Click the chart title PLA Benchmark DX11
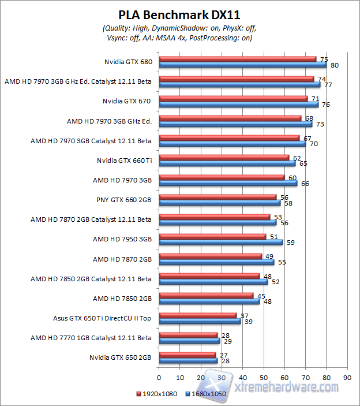[179, 14]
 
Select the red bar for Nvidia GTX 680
[238, 58]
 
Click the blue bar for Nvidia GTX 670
[239, 105]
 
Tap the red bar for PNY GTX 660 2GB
[218, 197]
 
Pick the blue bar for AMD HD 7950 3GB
[221, 242]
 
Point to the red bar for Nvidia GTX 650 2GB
[187, 355]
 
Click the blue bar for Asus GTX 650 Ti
[200, 321]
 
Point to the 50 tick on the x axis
[264, 376]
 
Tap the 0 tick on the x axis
[159, 376]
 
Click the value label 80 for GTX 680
[334, 65]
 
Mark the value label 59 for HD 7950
[290, 243]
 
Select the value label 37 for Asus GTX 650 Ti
[245, 315]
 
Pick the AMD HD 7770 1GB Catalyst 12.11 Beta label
[91, 337]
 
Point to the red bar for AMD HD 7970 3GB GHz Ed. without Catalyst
[230, 118]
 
